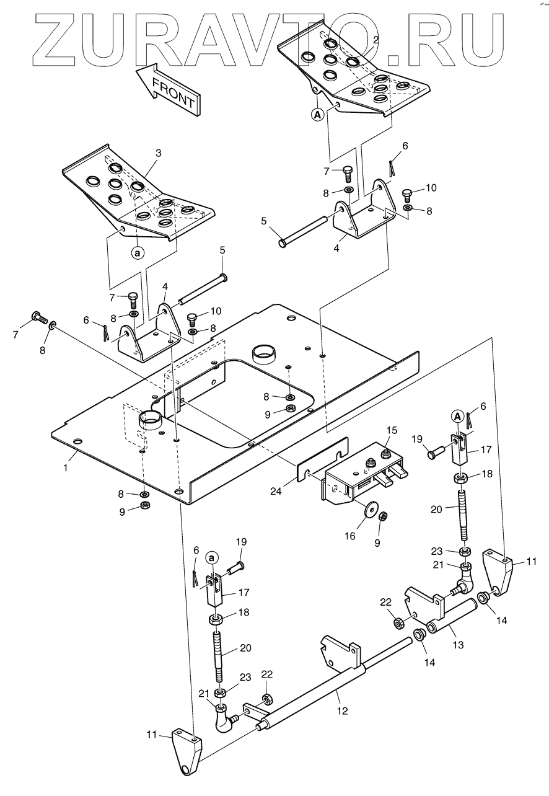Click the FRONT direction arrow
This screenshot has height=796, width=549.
[167, 88]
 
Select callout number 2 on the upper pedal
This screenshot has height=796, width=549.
[376, 38]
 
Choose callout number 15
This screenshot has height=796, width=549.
[391, 430]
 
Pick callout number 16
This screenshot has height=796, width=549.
[350, 535]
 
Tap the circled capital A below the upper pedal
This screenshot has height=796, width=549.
[317, 115]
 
